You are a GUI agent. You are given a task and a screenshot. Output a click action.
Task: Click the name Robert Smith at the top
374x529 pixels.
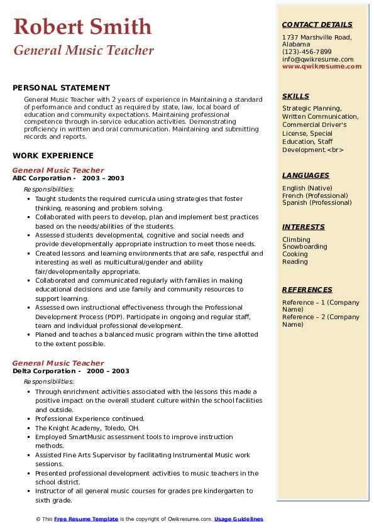coord(82,26)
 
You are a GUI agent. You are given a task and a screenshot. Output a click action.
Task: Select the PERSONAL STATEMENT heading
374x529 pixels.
coord(61,88)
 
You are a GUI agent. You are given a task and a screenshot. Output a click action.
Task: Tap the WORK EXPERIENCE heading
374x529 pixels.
coord(53,155)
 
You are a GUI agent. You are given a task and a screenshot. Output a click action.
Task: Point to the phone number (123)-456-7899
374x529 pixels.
coord(307,52)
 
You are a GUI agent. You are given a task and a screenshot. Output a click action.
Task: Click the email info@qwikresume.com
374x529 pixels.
coord(317,59)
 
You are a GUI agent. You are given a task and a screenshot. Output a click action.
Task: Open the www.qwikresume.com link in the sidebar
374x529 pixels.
coord(322,66)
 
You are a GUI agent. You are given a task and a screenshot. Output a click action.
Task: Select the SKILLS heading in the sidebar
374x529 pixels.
coord(295,96)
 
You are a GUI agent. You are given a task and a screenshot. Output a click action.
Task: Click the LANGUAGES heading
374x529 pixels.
coord(305,175)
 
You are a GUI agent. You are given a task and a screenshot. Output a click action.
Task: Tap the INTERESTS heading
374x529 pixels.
coord(304,227)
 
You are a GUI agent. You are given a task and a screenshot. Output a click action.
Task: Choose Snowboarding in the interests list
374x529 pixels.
coord(304,247)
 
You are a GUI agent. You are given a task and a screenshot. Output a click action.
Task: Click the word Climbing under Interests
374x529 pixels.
coord(296,239)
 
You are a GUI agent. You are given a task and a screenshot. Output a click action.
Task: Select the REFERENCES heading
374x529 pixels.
coord(307,290)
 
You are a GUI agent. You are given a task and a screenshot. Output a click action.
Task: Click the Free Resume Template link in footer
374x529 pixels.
coord(85,519)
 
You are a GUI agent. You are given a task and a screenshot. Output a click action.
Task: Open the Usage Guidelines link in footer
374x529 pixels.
coord(238,519)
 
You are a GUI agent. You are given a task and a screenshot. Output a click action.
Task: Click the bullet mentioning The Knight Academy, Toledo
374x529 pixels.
coord(87,428)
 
